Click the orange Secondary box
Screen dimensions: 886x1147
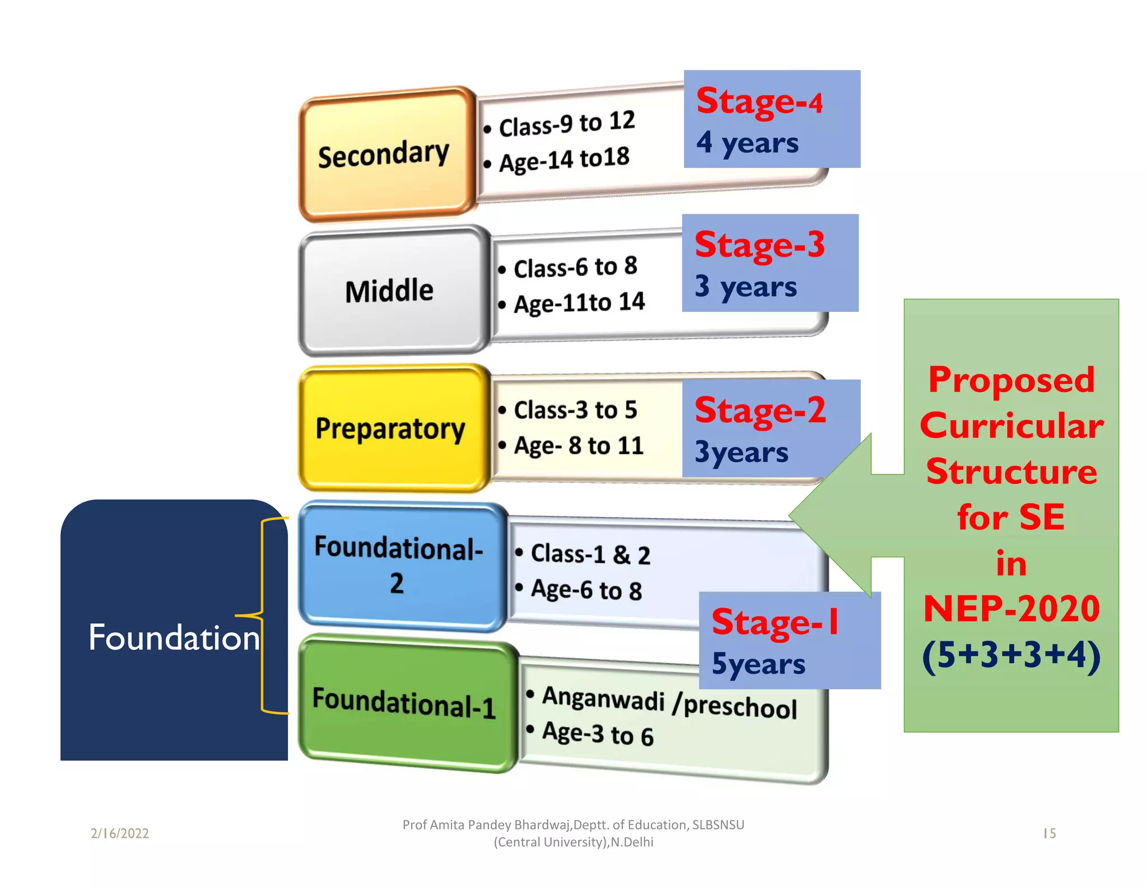(x=385, y=153)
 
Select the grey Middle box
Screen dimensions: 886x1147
(x=390, y=291)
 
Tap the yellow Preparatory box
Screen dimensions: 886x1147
(x=390, y=428)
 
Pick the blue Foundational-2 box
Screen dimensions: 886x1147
(x=399, y=566)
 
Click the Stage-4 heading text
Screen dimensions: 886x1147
(x=759, y=102)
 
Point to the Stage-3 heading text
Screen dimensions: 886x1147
(x=759, y=245)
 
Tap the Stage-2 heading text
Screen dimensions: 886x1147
(x=760, y=411)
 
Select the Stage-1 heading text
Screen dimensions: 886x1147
(x=775, y=622)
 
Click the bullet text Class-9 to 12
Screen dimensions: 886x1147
(x=567, y=124)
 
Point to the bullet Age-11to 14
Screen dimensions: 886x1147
(x=579, y=303)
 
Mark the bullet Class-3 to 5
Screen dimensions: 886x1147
(x=575, y=410)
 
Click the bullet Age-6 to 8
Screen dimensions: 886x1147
(x=586, y=590)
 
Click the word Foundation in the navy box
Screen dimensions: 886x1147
(x=174, y=637)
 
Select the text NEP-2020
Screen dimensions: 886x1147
(x=1011, y=609)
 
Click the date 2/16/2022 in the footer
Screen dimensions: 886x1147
(x=120, y=833)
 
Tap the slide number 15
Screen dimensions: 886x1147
(x=1049, y=833)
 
